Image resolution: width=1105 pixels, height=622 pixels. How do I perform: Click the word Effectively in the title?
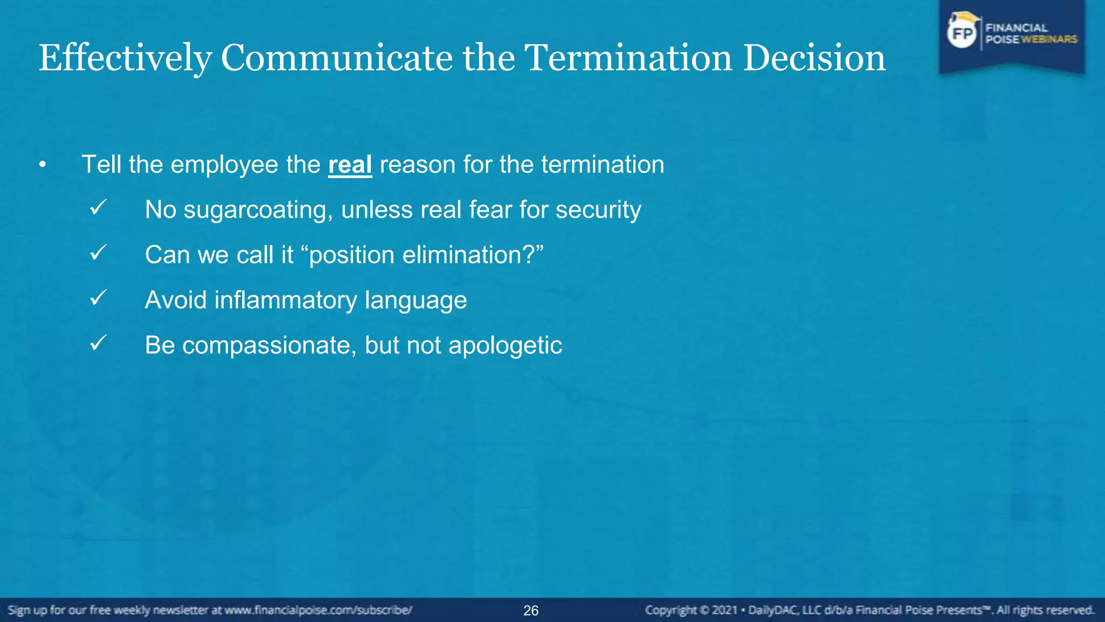125,58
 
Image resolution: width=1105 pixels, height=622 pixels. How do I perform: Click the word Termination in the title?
628,58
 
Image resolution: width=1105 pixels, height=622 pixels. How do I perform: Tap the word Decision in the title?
814,58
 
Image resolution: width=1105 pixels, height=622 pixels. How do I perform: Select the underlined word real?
350,165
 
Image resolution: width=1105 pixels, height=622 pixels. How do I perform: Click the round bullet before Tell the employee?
43,165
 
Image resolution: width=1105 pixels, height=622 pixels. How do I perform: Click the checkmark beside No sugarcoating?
98,208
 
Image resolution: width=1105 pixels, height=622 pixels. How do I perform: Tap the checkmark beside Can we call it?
98,253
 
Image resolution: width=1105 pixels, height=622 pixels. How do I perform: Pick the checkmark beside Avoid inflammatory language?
98,298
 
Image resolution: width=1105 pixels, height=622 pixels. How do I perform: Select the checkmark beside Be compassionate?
98,343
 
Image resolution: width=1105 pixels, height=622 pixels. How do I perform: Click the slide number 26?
531,611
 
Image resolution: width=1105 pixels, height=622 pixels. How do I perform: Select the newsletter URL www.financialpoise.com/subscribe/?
318,610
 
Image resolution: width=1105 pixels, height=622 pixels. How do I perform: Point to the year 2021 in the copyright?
725,610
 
